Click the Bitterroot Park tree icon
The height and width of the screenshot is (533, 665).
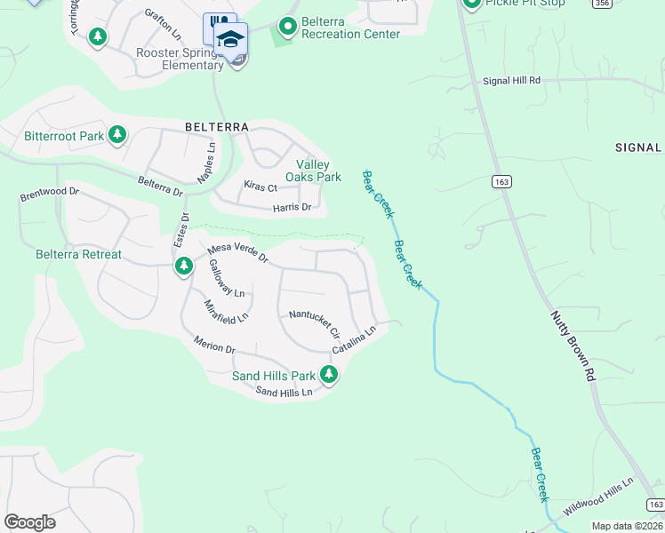pos(116,136)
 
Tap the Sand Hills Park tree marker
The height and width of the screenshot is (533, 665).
pos(329,376)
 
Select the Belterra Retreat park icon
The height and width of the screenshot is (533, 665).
pos(184,266)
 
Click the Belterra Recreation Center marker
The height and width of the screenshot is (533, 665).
pos(287,27)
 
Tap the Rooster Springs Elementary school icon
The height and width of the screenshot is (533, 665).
pos(230,40)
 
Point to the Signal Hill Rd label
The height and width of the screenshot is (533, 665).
pos(512,81)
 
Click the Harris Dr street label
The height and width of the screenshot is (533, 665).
pos(292,207)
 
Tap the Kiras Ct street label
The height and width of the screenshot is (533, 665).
pos(260,187)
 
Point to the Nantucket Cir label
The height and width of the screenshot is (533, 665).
pos(315,324)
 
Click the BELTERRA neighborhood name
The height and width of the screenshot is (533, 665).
pos(216,127)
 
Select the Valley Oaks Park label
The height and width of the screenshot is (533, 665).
pos(318,171)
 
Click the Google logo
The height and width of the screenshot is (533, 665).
pos(29,522)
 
